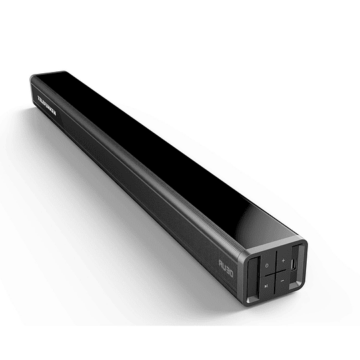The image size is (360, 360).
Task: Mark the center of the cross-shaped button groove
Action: coord(274,272)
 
